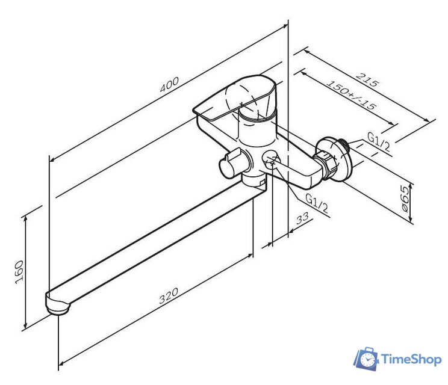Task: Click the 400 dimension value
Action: click(x=169, y=84)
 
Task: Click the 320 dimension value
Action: click(x=168, y=295)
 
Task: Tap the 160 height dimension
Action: click(x=19, y=272)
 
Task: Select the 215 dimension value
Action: click(x=368, y=80)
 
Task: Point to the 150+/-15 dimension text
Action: click(x=351, y=95)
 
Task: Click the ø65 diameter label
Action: click(x=405, y=199)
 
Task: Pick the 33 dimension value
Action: click(x=302, y=218)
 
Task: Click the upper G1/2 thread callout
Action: click(x=378, y=141)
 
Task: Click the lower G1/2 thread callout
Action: click(x=317, y=203)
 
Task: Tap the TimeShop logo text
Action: click(x=411, y=359)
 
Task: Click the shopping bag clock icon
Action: click(x=367, y=359)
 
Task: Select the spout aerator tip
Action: click(x=58, y=309)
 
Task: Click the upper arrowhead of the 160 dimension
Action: click(x=26, y=218)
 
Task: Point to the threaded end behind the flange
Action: click(x=346, y=145)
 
